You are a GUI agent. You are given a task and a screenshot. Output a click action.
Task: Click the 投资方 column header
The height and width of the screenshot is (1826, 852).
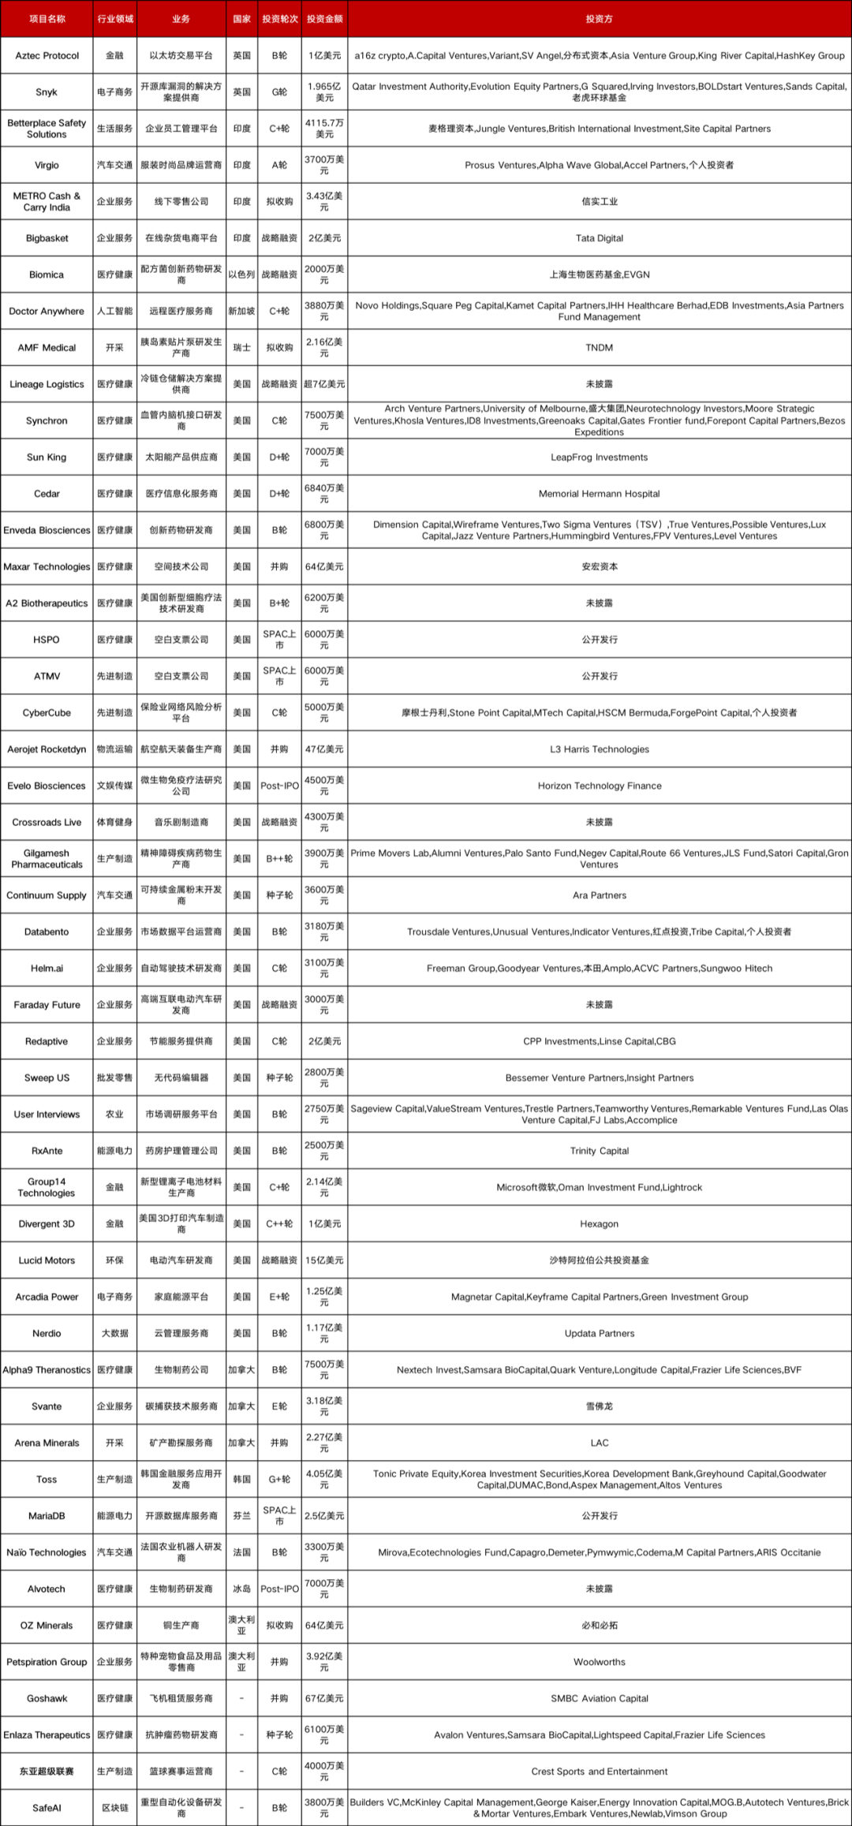[599, 19]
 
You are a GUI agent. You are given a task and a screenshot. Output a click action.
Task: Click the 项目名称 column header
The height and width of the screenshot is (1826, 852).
[47, 19]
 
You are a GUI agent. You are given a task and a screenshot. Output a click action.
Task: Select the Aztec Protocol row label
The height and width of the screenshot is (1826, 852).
[47, 56]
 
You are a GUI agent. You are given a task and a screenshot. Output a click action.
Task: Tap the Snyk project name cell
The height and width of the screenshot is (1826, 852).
[47, 92]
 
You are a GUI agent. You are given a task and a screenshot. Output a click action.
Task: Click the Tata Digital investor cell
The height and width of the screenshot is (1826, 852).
[599, 238]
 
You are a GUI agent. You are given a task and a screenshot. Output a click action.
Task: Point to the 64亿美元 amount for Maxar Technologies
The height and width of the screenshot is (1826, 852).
[324, 567]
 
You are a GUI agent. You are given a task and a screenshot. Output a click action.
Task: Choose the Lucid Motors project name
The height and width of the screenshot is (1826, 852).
[47, 1260]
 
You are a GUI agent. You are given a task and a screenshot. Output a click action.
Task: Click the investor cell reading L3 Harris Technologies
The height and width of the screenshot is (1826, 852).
[599, 749]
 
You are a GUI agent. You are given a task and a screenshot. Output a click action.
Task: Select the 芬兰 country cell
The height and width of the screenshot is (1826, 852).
[241, 1516]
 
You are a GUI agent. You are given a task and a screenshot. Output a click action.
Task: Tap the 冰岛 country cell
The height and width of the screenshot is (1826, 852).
[241, 1589]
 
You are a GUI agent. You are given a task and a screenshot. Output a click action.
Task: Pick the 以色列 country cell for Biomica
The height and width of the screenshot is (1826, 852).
[241, 274]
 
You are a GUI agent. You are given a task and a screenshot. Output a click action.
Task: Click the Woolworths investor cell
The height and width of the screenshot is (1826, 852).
[599, 1662]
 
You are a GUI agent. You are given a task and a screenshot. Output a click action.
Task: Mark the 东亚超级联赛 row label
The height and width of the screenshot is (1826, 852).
[47, 1772]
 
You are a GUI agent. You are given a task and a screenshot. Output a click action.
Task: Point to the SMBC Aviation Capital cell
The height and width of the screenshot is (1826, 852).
[599, 1698]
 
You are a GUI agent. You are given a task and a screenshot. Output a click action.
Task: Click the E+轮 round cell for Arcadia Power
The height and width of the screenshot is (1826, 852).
[279, 1297]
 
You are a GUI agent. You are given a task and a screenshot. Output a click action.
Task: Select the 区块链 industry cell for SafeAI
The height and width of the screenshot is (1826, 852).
[114, 1808]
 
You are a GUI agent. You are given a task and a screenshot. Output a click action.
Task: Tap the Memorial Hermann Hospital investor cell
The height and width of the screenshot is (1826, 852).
[599, 494]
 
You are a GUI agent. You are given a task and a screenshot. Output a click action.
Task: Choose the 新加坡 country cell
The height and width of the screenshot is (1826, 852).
[241, 312]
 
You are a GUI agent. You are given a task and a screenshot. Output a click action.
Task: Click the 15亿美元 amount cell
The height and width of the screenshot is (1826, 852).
[324, 1260]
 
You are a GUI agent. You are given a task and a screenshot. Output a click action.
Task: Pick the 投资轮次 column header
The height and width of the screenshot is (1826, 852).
[279, 19]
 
